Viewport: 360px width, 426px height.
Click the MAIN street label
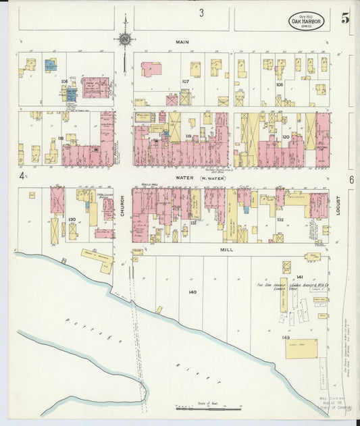[182, 42]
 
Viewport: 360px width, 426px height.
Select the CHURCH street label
[122, 211]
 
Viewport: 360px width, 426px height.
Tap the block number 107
[185, 82]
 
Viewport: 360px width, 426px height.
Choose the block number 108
[279, 85]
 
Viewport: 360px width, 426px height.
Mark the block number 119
[188, 136]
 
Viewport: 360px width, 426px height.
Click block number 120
[285, 136]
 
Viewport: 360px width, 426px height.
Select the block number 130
[72, 219]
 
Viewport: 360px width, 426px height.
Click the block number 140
[192, 292]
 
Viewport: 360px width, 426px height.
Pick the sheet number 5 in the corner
[345, 18]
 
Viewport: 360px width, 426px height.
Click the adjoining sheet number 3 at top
[201, 13]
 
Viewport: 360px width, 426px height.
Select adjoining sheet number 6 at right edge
[351, 180]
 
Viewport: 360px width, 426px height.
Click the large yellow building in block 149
[301, 349]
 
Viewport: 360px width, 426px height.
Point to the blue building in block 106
[49, 65]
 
